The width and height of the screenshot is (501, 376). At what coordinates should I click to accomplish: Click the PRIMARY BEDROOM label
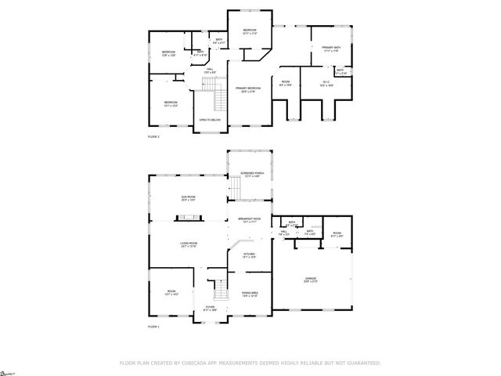(x=247, y=89)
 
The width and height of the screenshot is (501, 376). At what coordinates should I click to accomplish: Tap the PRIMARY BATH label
(x=331, y=48)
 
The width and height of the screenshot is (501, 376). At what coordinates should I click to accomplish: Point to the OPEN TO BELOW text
(x=210, y=120)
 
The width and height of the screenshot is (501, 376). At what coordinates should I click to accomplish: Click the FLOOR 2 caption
(x=153, y=136)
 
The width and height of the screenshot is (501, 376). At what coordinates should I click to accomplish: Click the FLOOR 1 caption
(x=153, y=326)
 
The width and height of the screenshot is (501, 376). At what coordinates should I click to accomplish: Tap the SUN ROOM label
(x=188, y=198)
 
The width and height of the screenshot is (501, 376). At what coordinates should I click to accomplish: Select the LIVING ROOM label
(x=188, y=246)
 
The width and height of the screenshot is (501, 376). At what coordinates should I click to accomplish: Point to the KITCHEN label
(x=249, y=255)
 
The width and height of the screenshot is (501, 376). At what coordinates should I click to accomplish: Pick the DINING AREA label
(x=250, y=294)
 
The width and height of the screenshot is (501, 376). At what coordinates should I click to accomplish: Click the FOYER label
(x=210, y=309)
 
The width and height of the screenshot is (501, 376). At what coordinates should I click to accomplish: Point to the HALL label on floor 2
(x=209, y=70)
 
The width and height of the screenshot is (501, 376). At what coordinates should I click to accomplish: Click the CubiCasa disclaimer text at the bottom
(x=250, y=363)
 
